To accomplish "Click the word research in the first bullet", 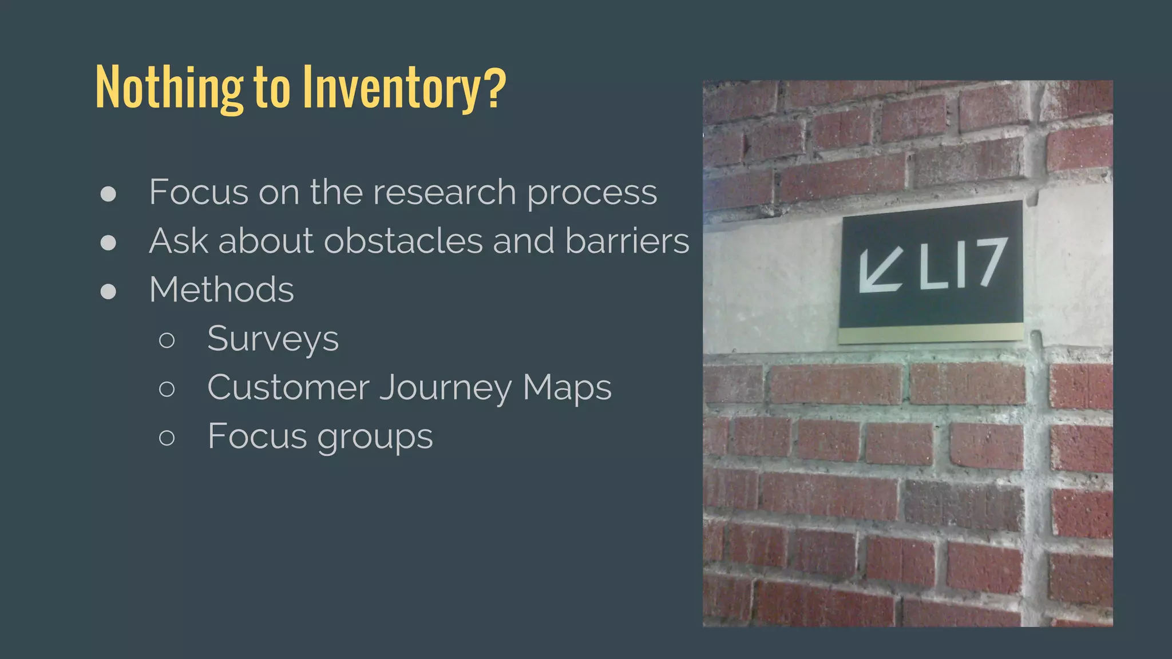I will tap(444, 192).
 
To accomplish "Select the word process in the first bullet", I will tap(592, 193).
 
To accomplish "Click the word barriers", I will tap(627, 241).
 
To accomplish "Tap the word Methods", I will tap(221, 289).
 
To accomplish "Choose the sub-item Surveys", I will tap(273, 339).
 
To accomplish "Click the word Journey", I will tap(446, 388).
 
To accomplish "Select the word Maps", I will tap(567, 388).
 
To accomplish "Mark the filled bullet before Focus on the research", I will tap(108, 194).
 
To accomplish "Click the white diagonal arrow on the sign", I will tap(880, 271).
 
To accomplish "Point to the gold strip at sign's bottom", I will tap(931, 333).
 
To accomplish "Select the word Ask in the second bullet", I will tap(178, 241).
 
